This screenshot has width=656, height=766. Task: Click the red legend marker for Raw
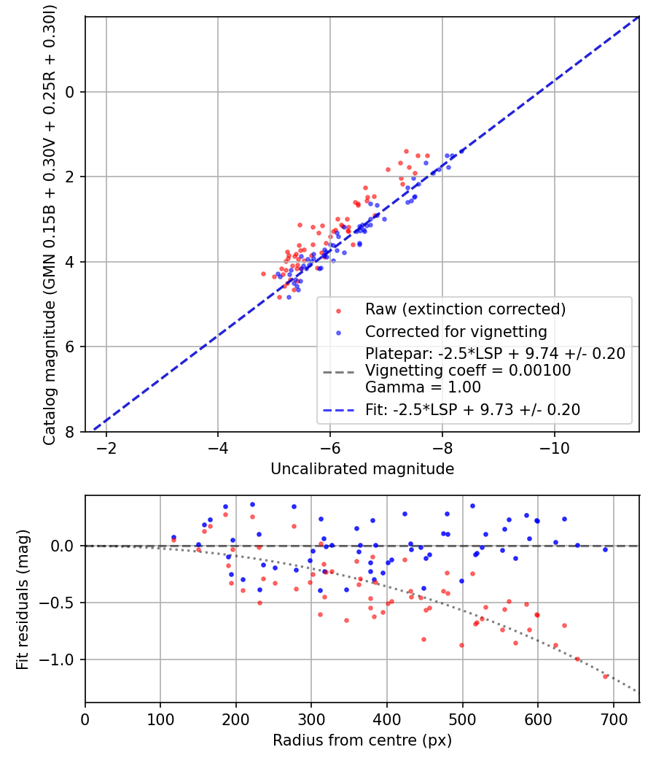click(x=338, y=311)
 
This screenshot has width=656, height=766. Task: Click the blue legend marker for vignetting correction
click(x=338, y=333)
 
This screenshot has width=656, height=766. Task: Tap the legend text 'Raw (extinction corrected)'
click(x=465, y=309)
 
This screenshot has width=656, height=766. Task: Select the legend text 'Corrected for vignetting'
click(x=456, y=332)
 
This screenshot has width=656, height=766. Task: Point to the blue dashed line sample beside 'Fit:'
click(x=338, y=410)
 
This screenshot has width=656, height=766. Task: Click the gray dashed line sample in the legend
click(x=338, y=372)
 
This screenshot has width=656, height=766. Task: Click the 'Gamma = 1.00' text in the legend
click(x=423, y=387)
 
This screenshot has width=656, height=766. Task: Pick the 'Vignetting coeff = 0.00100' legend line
click(x=468, y=371)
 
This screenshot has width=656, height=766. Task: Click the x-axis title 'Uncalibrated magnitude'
click(x=362, y=469)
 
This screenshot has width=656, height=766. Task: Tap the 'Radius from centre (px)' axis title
click(x=362, y=740)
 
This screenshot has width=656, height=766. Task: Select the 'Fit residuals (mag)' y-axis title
click(x=22, y=600)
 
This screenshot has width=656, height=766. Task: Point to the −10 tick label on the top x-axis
click(x=554, y=448)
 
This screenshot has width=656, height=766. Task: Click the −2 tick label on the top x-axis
click(x=106, y=448)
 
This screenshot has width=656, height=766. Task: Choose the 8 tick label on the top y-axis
click(x=70, y=432)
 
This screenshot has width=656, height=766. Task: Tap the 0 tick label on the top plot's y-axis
click(x=70, y=92)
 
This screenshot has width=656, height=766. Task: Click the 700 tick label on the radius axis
click(x=614, y=719)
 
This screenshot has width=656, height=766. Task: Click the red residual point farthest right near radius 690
click(x=605, y=676)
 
